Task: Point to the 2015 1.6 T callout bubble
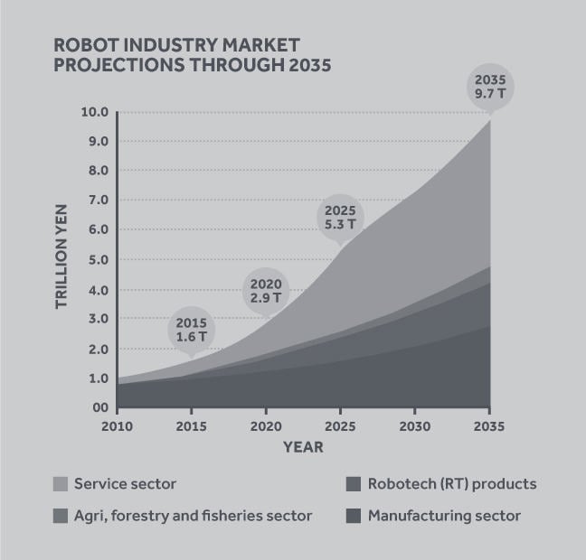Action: click(191, 329)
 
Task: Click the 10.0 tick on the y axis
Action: click(95, 112)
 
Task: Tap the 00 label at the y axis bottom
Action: click(99, 407)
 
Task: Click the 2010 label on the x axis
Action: click(118, 425)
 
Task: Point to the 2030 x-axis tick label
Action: click(415, 425)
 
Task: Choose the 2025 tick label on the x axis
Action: click(340, 425)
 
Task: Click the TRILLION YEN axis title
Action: click(62, 258)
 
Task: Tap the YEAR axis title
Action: click(303, 446)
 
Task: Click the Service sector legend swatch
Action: click(61, 484)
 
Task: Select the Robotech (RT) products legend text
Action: click(452, 484)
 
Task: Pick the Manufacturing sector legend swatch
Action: click(353, 517)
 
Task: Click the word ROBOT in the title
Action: click(85, 44)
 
